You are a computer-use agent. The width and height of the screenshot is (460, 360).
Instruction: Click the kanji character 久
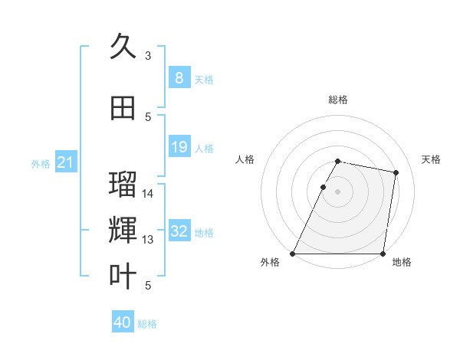coord(123,46)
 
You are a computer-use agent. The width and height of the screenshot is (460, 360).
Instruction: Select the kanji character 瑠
coord(123,185)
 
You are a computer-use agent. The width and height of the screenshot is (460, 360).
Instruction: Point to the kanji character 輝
coord(123,230)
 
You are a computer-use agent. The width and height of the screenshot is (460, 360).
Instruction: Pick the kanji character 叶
coord(123,276)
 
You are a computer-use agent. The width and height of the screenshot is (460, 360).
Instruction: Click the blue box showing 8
coord(179,78)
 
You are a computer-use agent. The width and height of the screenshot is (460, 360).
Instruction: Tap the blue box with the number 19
coord(179,147)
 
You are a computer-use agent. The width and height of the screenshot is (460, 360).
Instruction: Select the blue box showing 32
coord(179,232)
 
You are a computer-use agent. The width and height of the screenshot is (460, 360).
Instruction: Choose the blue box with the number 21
coord(65,162)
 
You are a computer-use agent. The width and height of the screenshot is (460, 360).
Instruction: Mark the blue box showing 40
coord(123,322)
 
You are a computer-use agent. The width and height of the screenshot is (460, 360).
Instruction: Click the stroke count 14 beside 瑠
coord(148,193)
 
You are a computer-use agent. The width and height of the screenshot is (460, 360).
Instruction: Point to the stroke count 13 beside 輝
coord(148,240)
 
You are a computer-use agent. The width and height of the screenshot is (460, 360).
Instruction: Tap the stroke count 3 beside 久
coord(148,55)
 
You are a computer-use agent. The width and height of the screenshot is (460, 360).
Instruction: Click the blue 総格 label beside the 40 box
coord(147,324)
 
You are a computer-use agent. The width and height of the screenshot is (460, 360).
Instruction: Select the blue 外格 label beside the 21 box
coord(40,163)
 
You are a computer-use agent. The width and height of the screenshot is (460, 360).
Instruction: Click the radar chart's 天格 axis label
coord(431,159)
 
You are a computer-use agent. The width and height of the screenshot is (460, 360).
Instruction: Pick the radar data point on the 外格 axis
coord(293,254)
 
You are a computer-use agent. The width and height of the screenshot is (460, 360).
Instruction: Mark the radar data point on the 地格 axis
coord(383,254)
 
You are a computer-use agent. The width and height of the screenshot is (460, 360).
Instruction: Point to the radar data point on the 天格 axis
coord(396,173)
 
